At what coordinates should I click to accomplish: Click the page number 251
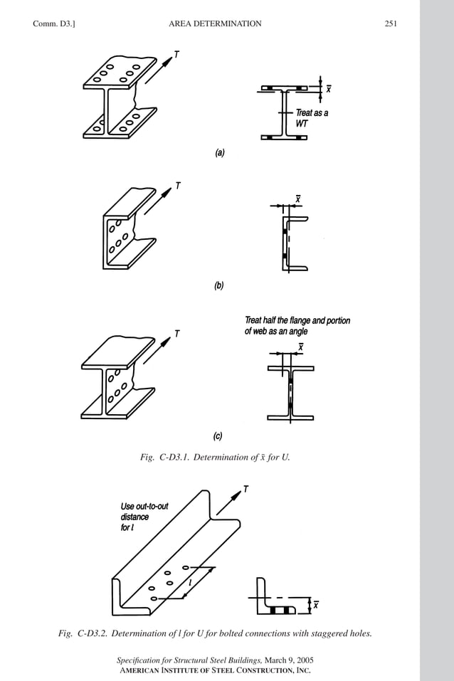[390, 23]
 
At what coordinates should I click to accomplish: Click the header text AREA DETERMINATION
[215, 23]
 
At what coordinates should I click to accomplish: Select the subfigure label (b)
[219, 285]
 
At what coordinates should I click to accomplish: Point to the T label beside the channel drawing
[177, 186]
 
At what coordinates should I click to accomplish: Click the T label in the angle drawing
[246, 489]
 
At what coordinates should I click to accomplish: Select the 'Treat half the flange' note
[297, 325]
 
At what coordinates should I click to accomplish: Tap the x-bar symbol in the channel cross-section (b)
[298, 199]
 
